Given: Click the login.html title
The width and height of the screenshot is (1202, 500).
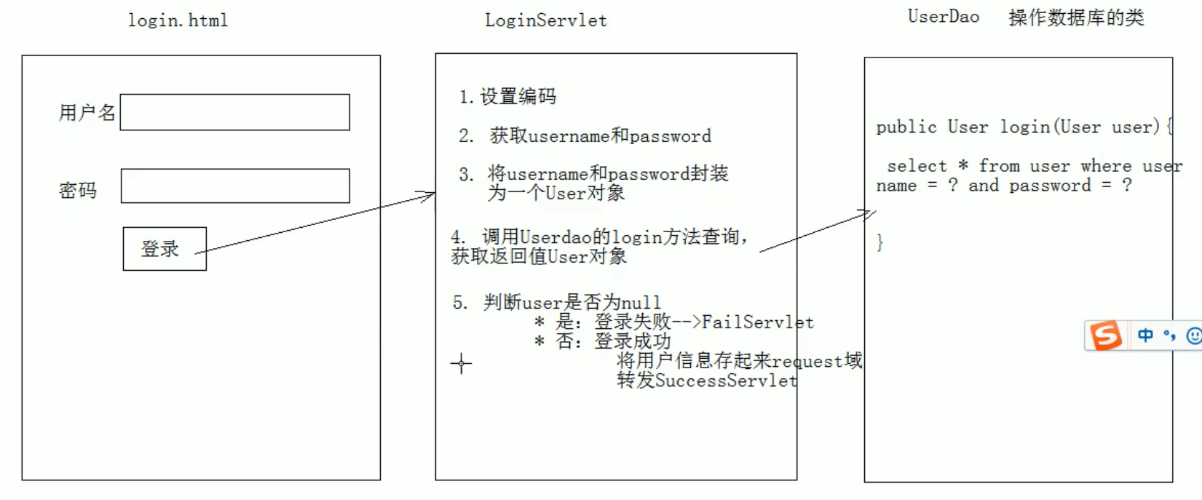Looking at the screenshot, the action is (178, 20).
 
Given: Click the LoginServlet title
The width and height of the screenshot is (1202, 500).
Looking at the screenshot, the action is (546, 20).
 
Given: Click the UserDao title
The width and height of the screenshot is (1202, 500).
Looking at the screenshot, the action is (943, 17).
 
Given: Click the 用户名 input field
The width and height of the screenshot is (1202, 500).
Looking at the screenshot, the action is (234, 112).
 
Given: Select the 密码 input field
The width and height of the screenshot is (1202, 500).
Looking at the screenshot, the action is (234, 186).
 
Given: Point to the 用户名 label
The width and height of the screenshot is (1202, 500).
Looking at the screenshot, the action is (87, 113).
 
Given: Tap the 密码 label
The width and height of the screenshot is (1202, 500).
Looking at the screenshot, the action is (78, 191).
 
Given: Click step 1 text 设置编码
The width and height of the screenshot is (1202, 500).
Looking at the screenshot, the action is (518, 97).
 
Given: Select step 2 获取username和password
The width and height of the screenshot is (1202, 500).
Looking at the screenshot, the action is (600, 135).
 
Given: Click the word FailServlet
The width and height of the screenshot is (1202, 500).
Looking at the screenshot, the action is (757, 322).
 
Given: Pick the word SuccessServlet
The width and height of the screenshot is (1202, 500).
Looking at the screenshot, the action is (726, 381).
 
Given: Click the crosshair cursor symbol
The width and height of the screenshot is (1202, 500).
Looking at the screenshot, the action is (461, 363).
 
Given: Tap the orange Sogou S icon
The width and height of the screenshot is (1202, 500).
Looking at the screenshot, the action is (1105, 336).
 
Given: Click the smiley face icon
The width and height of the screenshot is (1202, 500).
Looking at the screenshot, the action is (1193, 336).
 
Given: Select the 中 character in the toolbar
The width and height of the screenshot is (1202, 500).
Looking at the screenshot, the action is (1145, 336).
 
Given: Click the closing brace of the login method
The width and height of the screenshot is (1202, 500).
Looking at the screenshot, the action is (880, 242).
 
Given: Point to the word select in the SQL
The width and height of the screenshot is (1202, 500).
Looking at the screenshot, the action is (917, 166).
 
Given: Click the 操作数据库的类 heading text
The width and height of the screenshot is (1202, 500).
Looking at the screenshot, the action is (1076, 17).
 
